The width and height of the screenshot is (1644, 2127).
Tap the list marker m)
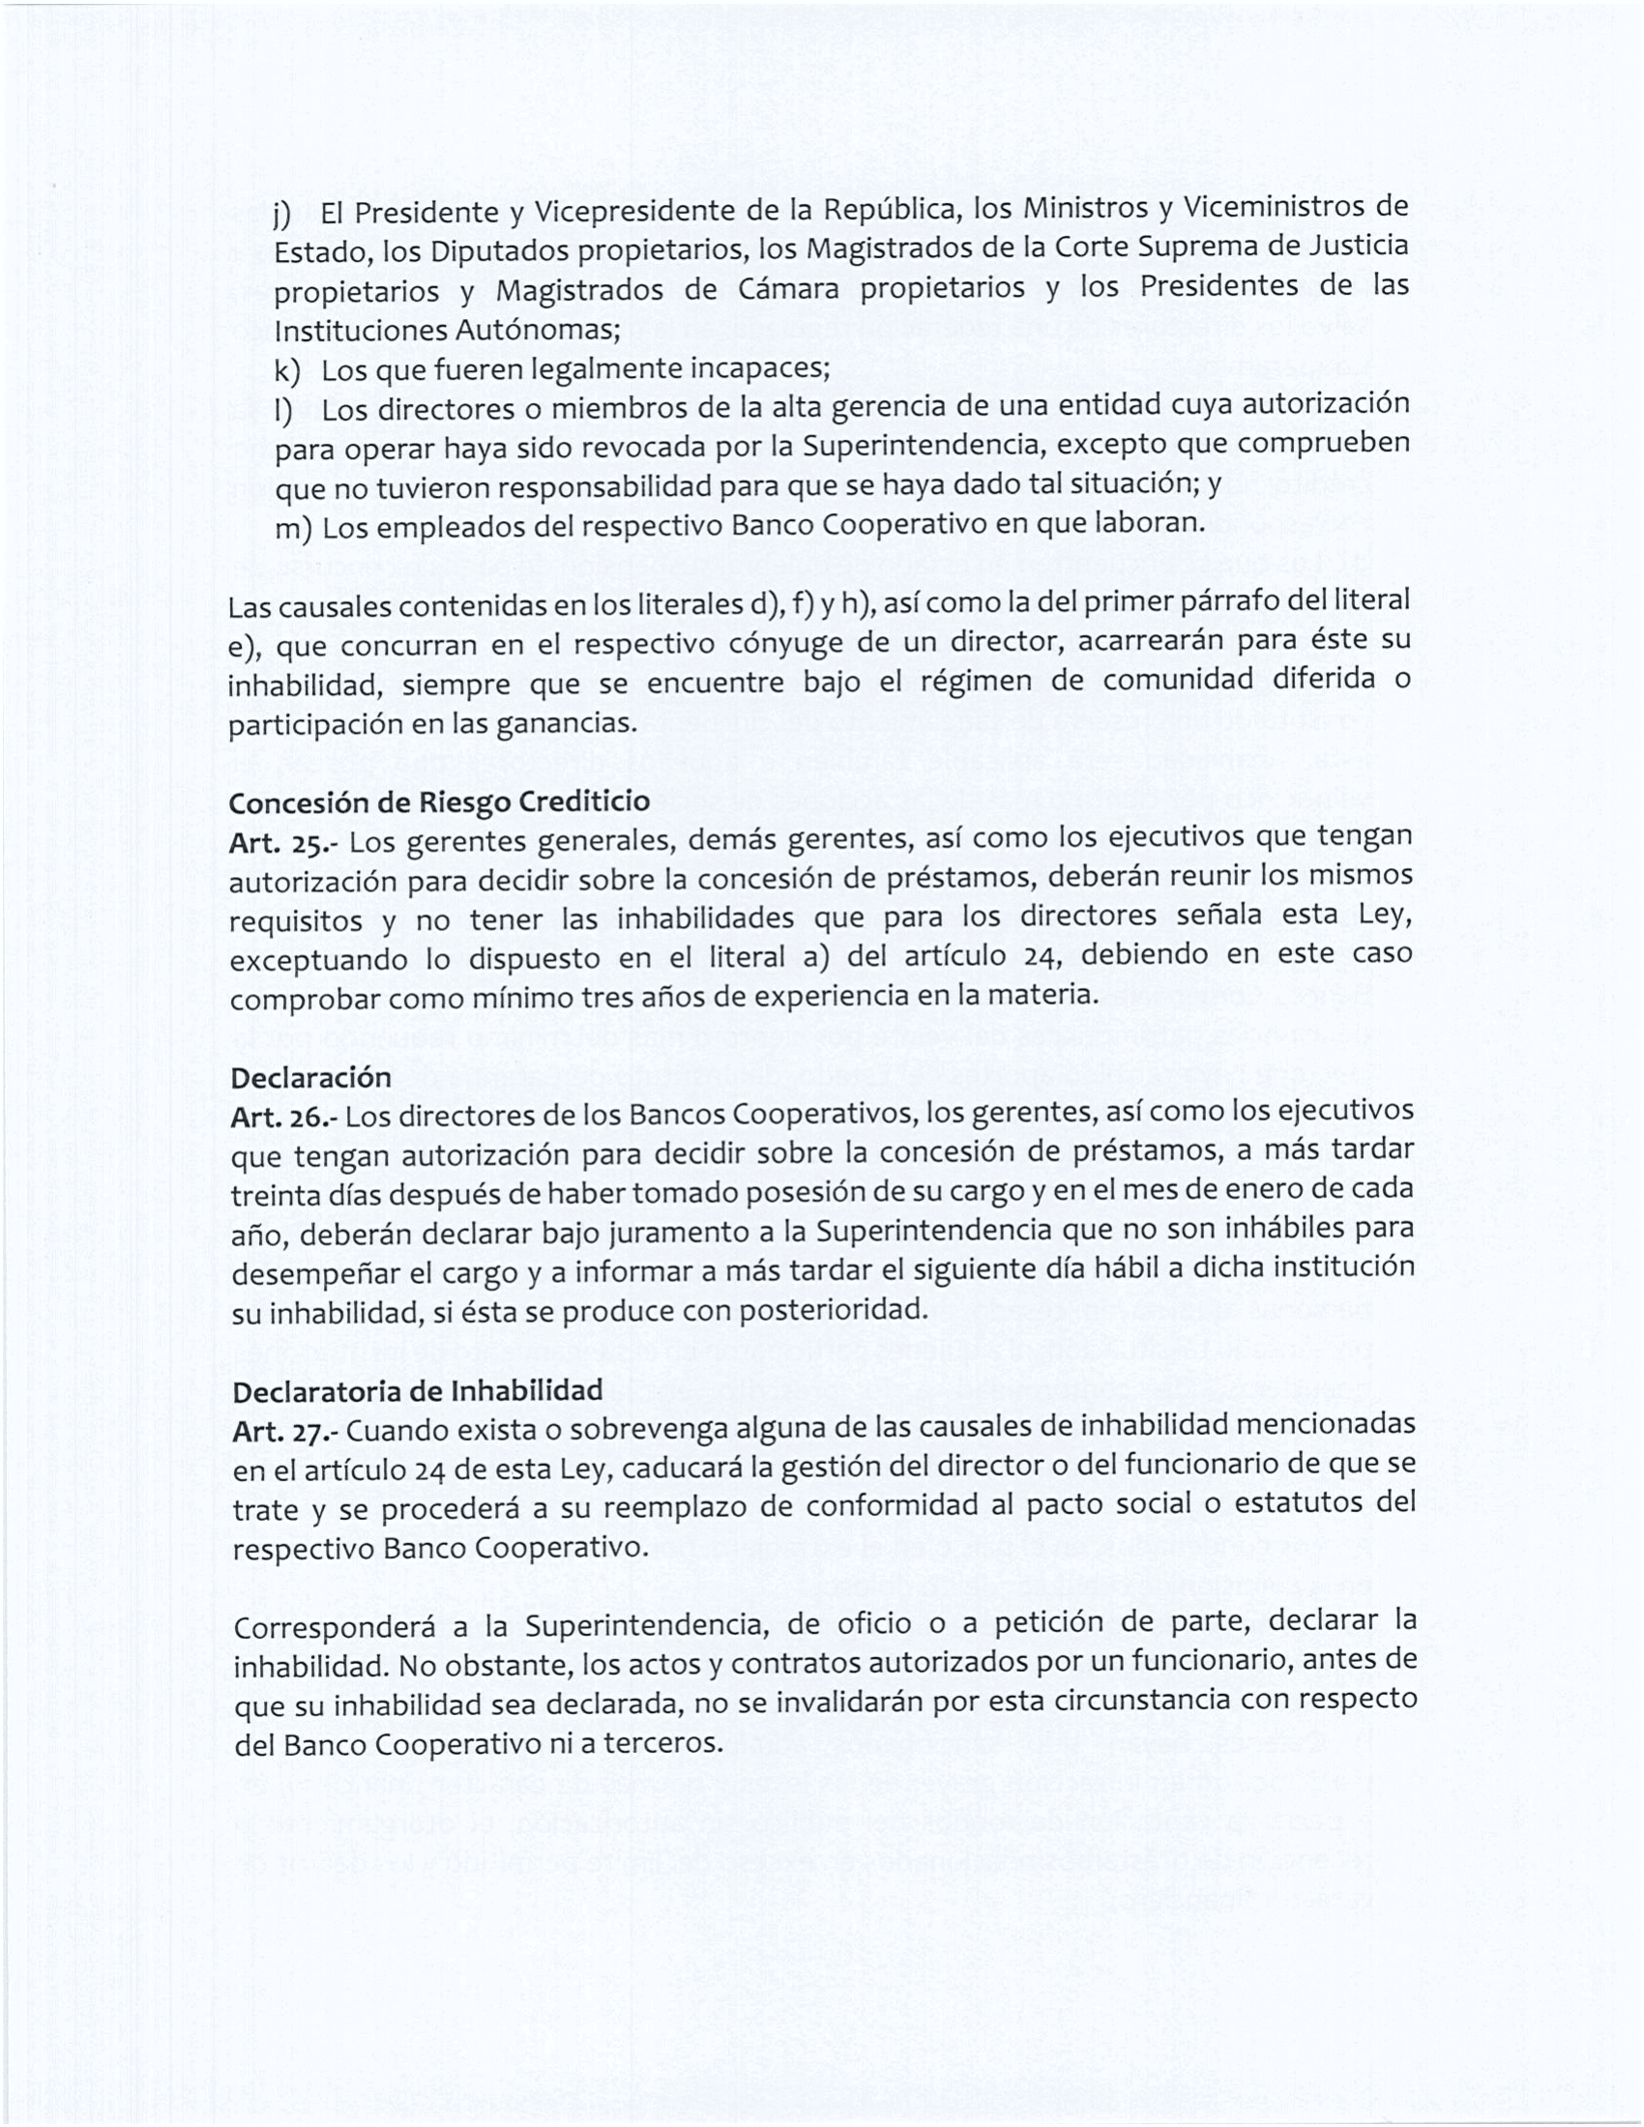292,529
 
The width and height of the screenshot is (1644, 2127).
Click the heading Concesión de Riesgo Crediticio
439,802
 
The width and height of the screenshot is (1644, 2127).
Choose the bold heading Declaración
310,1078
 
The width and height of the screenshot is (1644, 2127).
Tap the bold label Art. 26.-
283,1117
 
